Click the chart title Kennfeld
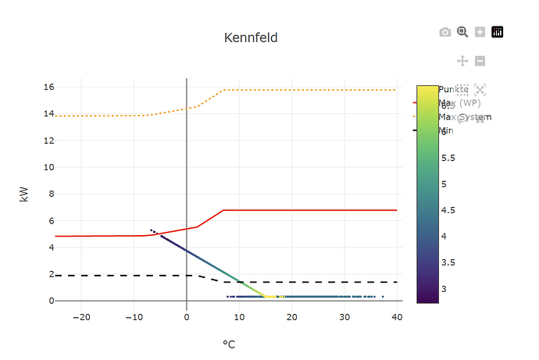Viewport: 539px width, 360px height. click(251, 37)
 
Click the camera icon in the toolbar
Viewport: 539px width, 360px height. click(445, 32)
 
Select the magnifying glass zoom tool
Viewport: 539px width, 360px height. click(462, 32)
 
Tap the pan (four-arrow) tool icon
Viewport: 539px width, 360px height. click(462, 61)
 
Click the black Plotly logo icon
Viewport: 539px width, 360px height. click(498, 32)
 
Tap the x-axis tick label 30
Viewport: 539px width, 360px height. click(344, 316)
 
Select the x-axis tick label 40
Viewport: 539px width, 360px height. click(397, 316)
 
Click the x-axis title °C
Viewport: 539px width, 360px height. click(229, 344)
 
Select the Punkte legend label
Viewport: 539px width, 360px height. click(454, 89)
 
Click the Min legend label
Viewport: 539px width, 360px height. click(445, 130)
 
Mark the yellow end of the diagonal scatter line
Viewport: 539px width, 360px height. click(269, 297)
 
